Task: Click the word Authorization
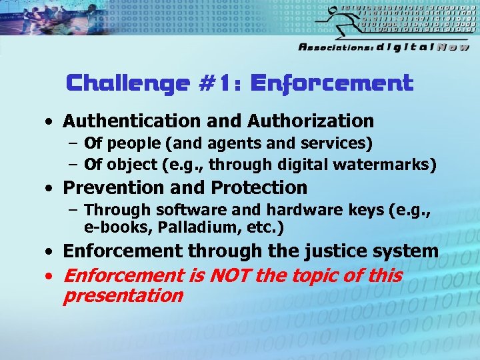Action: [x=310, y=121]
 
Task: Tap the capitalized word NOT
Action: [x=231, y=275]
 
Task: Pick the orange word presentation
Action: [x=122, y=295]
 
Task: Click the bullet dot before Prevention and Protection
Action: [x=51, y=188]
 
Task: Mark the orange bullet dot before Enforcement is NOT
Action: [x=51, y=276]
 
